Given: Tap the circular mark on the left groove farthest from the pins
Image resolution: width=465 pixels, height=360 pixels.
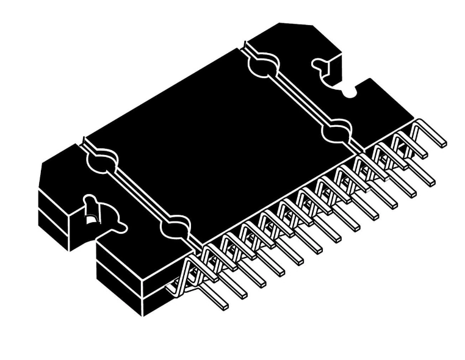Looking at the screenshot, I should [101, 159].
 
